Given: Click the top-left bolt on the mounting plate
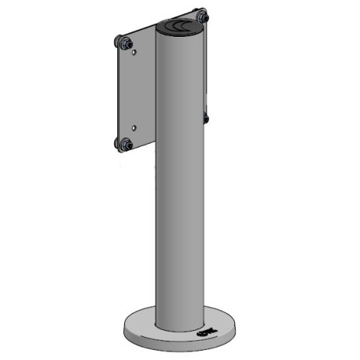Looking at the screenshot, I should click(123, 42).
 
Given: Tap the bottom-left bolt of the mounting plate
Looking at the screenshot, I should click(123, 144).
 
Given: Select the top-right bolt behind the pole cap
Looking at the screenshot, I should click(203, 16).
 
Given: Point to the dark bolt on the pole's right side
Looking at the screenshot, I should click(206, 119).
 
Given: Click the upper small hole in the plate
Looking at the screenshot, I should click(136, 52).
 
